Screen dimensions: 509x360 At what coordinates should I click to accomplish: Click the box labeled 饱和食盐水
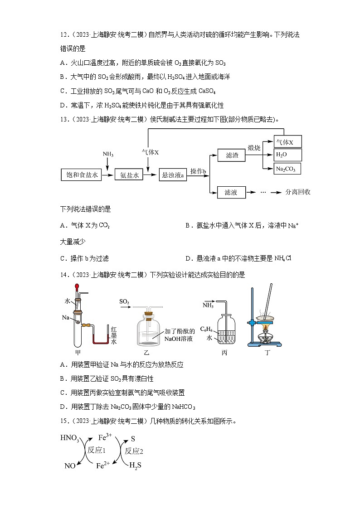pyautogui.click(x=80, y=175)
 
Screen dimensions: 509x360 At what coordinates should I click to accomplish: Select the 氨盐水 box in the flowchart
pyautogui.click(x=129, y=175)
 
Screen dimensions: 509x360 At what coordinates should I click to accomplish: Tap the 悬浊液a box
pyautogui.click(x=173, y=175)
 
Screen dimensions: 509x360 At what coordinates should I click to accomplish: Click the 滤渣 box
pyautogui.click(x=231, y=156)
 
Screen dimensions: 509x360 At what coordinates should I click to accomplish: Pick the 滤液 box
pyautogui.click(x=231, y=193)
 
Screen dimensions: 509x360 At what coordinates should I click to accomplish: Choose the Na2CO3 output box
pyautogui.click(x=287, y=169)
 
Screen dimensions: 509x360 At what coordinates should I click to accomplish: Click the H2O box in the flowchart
pyautogui.click(x=287, y=155)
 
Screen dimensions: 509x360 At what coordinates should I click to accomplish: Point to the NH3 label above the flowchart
pyautogui.click(x=108, y=154)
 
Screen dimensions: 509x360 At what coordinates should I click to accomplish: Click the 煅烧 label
pyautogui.click(x=254, y=148)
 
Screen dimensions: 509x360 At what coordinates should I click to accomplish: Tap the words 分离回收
pyautogui.click(x=297, y=192)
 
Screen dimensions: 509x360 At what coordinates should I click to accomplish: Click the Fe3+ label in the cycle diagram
pyautogui.click(x=105, y=437)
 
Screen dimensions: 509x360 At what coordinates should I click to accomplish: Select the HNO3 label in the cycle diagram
pyautogui.click(x=69, y=438)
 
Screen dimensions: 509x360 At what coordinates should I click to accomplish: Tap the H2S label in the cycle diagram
pyautogui.click(x=135, y=465)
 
